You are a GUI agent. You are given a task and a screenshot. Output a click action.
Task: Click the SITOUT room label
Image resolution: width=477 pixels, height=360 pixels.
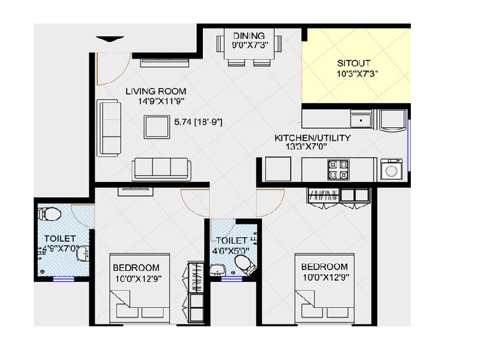click(x=354, y=64)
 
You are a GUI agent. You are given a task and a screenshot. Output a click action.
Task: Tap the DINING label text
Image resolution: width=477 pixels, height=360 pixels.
click(x=249, y=36)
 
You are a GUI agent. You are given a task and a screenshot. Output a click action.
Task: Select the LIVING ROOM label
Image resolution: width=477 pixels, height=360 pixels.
click(x=156, y=92)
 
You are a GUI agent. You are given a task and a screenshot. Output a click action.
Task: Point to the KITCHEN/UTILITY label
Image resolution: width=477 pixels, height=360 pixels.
click(x=312, y=138)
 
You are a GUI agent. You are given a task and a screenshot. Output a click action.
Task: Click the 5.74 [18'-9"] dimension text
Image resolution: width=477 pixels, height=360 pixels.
click(x=198, y=122)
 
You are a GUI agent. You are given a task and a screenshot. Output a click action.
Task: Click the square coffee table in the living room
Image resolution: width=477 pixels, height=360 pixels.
click(x=156, y=127)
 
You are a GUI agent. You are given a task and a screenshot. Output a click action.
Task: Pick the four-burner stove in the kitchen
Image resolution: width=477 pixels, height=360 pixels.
click(x=338, y=169)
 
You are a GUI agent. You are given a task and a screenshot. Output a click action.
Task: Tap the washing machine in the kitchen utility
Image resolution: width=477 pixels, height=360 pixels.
click(x=391, y=170)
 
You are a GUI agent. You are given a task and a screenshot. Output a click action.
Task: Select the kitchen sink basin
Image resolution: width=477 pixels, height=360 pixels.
click(x=361, y=119)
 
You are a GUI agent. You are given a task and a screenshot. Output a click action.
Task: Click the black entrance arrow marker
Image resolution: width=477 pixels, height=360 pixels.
click(x=110, y=39)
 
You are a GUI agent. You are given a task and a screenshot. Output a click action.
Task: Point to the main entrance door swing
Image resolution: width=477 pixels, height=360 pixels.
click(x=114, y=69)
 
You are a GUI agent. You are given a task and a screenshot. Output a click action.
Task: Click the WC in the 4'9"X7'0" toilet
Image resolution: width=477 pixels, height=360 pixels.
click(x=49, y=213)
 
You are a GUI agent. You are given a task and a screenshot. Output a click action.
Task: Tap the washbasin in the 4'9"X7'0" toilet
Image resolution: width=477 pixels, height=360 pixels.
click(x=83, y=254)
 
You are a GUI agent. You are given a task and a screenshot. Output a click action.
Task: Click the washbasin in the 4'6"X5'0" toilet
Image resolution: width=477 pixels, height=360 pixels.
click(x=218, y=270)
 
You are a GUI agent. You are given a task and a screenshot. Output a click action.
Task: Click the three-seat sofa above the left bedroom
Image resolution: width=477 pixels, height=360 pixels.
click(x=162, y=169)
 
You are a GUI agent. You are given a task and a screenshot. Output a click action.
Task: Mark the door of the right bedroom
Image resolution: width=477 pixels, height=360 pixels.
click(x=270, y=203)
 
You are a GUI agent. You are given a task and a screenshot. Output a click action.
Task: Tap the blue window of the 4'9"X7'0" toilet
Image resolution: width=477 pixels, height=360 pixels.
click(x=64, y=278)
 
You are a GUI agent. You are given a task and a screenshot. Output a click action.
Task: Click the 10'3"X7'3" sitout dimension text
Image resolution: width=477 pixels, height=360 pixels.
click(x=357, y=74)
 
